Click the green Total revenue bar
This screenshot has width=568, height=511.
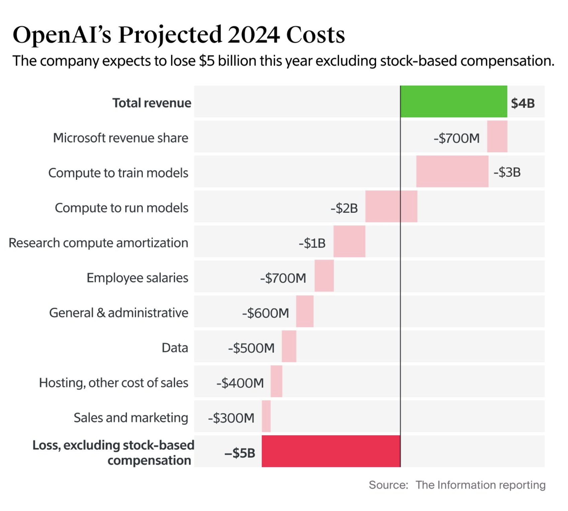454,102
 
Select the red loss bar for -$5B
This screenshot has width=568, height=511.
331,451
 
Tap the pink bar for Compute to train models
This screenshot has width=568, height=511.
452,171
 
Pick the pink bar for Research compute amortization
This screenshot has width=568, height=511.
349,241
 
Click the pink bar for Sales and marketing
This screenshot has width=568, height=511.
266,416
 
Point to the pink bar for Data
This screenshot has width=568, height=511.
289,346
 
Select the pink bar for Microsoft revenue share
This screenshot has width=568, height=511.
497,137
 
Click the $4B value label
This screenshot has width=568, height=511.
523,103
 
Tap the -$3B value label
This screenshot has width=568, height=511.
507,172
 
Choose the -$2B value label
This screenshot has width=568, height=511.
344,208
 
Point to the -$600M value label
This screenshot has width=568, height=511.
266,313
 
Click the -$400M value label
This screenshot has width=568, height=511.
240,383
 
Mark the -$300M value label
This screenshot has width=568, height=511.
231,418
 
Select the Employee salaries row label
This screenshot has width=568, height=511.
137,278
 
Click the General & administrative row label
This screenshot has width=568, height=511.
119,313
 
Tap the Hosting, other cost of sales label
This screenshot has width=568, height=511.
113,383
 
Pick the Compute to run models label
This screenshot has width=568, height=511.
121,208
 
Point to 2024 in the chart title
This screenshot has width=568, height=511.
254,35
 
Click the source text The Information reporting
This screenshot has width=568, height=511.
480,485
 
